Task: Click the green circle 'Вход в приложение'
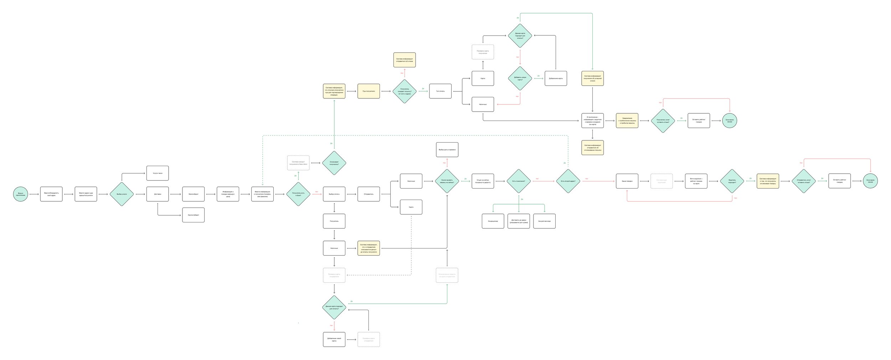(x=21, y=194)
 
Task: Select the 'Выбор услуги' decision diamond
(x=122, y=194)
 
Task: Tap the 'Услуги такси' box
(x=158, y=173)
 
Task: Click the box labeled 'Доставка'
(x=158, y=194)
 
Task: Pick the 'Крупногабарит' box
(x=193, y=215)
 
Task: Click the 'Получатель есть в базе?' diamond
(x=298, y=194)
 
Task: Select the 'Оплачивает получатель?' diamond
(x=334, y=163)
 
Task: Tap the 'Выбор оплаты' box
(x=334, y=194)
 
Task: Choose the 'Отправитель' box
(x=369, y=194)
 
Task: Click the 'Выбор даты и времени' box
(x=447, y=150)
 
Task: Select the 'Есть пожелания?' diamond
(x=519, y=181)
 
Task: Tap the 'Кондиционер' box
(x=493, y=221)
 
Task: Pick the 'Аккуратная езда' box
(x=544, y=221)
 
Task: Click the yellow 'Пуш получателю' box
(x=369, y=91)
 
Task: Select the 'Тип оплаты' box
(x=440, y=91)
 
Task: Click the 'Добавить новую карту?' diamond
(x=520, y=78)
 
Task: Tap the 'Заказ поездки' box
(x=627, y=181)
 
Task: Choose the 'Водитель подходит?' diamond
(x=732, y=181)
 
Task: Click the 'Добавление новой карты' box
(x=334, y=339)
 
